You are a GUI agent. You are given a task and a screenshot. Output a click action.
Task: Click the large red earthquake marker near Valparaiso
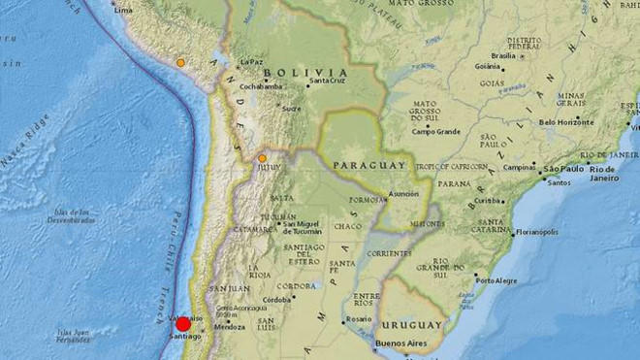183,323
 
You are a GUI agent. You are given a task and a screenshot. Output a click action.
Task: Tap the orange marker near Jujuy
262,157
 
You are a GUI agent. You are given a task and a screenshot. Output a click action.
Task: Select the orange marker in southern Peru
180,63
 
